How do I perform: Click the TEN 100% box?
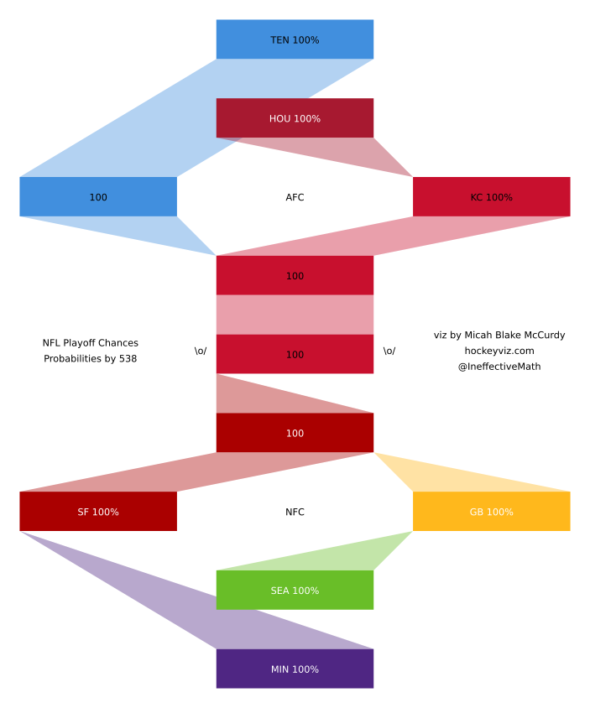pyautogui.click(x=295, y=39)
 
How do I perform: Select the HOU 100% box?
pyautogui.click(x=295, y=118)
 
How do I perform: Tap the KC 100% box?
pyautogui.click(x=491, y=197)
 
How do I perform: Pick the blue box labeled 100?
pyautogui.click(x=98, y=197)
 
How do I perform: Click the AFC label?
pyautogui.click(x=295, y=198)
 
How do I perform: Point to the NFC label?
pyautogui.click(x=295, y=512)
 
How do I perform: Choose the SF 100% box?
pyautogui.click(x=98, y=512)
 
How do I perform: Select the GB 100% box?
pyautogui.click(x=491, y=512)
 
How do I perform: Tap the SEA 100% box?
pyautogui.click(x=295, y=591)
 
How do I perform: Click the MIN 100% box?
pyautogui.click(x=295, y=669)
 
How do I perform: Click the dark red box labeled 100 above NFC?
pyautogui.click(x=295, y=433)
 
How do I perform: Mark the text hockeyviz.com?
pyautogui.click(x=499, y=351)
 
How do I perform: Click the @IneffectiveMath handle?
pyautogui.click(x=499, y=367)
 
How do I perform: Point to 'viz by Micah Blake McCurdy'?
pyautogui.click(x=499, y=335)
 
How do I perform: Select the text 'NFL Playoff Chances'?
pyautogui.click(x=91, y=343)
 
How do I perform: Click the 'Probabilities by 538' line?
pyautogui.click(x=91, y=359)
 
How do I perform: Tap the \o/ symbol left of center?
pyautogui.click(x=201, y=351)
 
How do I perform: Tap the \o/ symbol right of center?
pyautogui.click(x=389, y=351)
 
